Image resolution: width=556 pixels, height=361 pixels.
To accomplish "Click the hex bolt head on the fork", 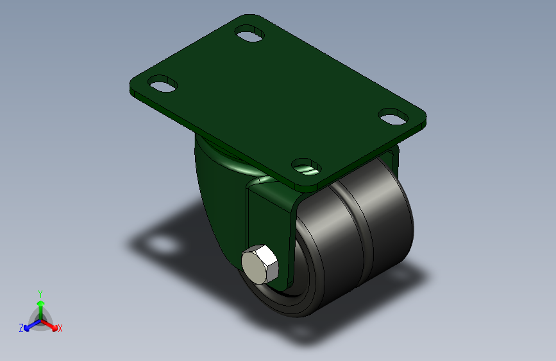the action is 260,265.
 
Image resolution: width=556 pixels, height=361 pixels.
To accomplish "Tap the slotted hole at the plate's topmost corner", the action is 250,33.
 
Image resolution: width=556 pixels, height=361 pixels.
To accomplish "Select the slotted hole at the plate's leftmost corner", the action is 162,84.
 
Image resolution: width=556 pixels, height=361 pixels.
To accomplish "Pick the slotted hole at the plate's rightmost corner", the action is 394,116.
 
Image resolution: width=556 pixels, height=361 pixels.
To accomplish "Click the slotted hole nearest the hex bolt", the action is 307,168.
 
